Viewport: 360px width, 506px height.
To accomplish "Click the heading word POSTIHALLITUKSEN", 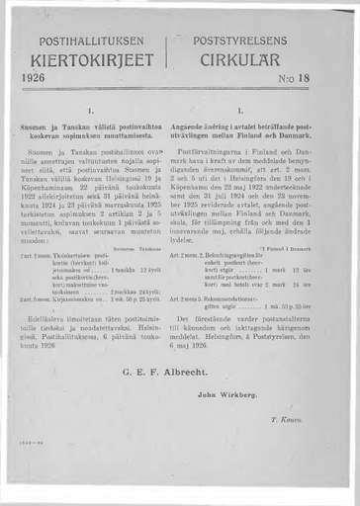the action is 93,42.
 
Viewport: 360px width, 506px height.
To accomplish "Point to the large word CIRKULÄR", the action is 252,61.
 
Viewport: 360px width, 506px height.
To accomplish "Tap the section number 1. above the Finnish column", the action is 91,111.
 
